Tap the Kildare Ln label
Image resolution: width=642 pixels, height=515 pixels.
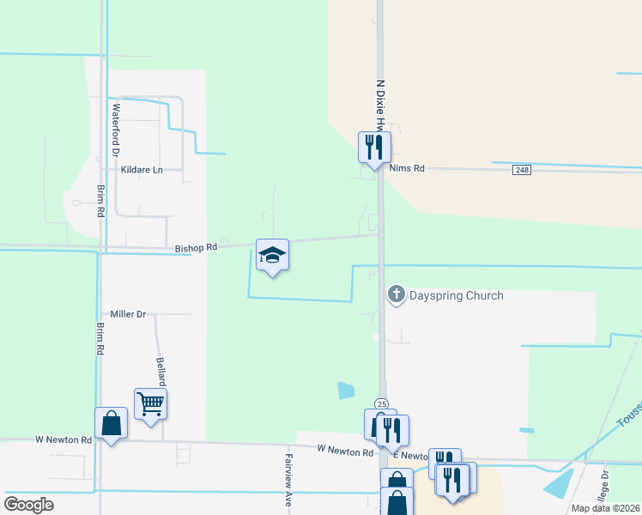coord(142,170)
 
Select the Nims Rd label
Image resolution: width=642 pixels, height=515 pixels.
coord(407,169)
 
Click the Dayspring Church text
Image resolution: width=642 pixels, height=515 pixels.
coord(456,296)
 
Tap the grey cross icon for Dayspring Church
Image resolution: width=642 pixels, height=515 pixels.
coord(397,295)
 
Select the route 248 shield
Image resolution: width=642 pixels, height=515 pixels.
coord(522,170)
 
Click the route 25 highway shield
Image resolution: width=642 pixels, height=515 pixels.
coord(381,404)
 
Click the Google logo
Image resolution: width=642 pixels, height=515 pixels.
coord(28,505)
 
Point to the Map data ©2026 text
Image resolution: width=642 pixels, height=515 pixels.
coord(605,508)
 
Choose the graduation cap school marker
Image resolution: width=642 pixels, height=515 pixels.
coord(272,255)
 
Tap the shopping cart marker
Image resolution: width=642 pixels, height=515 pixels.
coord(150,403)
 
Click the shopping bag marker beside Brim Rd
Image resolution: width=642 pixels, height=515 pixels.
coord(112,423)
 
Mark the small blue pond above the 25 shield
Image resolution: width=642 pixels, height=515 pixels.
coord(346,391)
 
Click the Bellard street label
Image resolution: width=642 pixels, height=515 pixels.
coord(160,371)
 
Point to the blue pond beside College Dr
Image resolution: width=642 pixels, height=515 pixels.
coord(560,484)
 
